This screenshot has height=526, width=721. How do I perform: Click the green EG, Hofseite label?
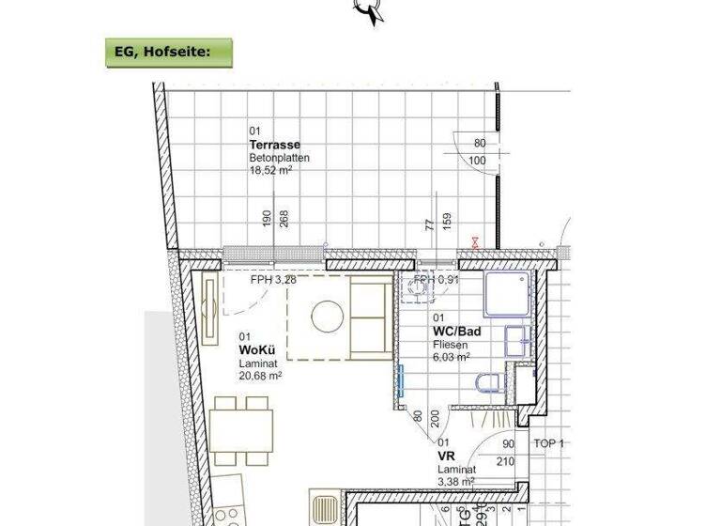click(x=168, y=53)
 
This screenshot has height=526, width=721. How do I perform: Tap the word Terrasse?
click(x=274, y=146)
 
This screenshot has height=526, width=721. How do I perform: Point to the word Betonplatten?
click(x=279, y=159)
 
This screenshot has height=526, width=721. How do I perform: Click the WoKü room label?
click(x=255, y=349)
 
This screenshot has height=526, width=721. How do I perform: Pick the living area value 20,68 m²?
click(x=261, y=375)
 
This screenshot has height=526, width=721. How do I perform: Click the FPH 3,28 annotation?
click(x=273, y=280)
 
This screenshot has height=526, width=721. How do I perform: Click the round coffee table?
click(x=328, y=317)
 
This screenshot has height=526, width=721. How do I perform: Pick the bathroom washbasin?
click(x=515, y=339)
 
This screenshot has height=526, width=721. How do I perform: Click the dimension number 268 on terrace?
click(x=284, y=218)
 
